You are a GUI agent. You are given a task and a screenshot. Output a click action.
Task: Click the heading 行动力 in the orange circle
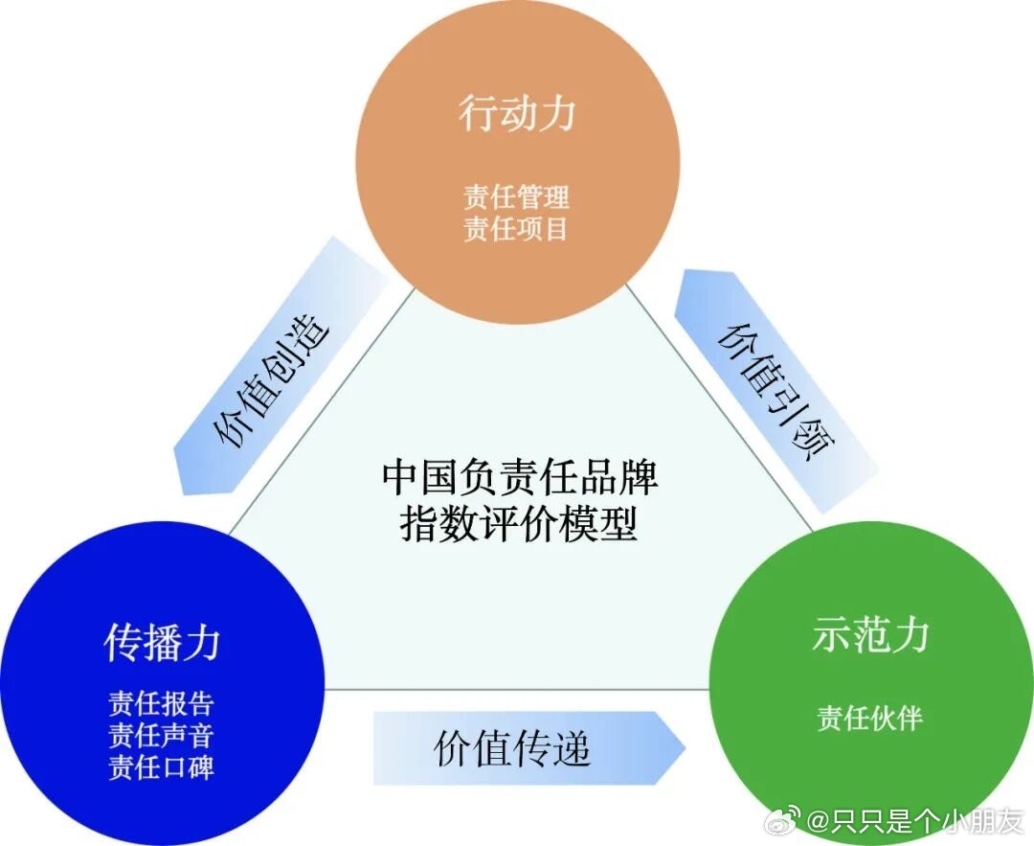tap(517, 113)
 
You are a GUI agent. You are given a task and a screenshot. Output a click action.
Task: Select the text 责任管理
tap(516, 196)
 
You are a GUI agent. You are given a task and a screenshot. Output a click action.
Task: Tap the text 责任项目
tap(516, 229)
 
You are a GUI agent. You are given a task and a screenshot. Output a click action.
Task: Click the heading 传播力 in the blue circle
tap(162, 644)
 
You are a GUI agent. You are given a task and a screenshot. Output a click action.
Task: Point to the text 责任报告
tap(162, 703)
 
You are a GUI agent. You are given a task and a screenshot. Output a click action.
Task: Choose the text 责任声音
tap(162, 735)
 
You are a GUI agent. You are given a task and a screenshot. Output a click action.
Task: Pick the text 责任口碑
tap(162, 767)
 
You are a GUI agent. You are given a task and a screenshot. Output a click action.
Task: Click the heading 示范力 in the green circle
tap(870, 635)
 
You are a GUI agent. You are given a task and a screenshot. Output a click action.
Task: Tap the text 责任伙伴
tap(869, 718)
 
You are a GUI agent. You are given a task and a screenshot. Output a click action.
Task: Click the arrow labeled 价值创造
tap(281, 366)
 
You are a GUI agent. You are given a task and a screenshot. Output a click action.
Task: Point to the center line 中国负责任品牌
tap(520, 477)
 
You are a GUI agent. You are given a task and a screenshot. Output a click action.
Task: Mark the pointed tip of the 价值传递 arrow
tap(686, 748)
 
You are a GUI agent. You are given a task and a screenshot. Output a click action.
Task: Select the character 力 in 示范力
tap(910, 635)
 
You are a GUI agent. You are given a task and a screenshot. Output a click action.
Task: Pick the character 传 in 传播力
tap(123, 644)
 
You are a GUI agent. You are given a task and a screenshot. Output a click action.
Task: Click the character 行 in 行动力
tap(478, 113)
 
